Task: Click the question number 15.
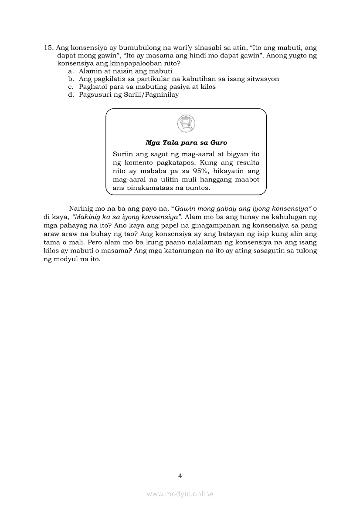(x=48, y=48)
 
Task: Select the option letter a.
(x=71, y=71)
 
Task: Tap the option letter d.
(x=71, y=94)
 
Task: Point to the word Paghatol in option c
(x=93, y=87)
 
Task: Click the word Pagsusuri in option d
(x=95, y=94)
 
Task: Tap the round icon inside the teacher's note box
(x=186, y=123)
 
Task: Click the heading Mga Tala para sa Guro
(x=186, y=143)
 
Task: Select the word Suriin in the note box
(x=123, y=154)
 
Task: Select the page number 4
(x=180, y=476)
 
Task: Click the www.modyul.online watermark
(x=180, y=494)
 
